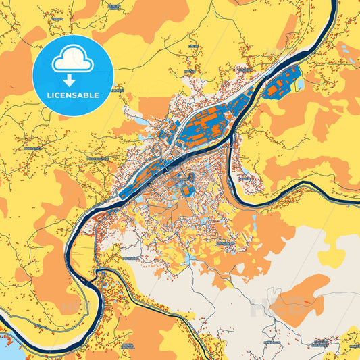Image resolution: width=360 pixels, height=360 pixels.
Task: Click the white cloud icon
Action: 73,61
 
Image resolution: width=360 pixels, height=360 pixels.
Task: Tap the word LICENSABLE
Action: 73,95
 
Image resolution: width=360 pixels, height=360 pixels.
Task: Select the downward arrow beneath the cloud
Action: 73,80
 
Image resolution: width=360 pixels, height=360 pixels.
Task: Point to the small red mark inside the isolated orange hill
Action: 313,298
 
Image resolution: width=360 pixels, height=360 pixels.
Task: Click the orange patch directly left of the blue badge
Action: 15,74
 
